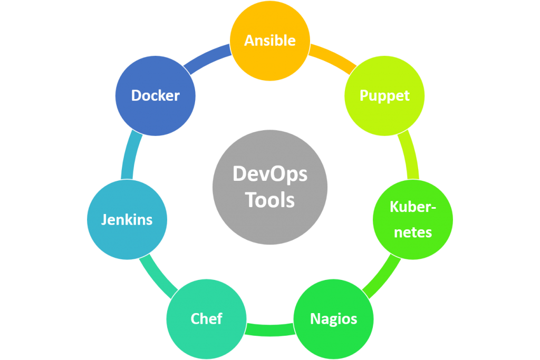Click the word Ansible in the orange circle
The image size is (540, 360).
coord(269,41)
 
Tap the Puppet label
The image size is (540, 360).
coord(384,96)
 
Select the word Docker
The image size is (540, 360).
coord(156,95)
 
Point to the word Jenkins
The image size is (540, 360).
coord(127,220)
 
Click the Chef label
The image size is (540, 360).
coord(206,319)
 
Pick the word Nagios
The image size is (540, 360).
coord(333,319)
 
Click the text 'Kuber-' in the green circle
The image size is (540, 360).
coord(413,207)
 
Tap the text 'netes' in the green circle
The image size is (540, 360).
coord(413,232)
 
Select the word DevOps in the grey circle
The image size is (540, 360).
coord(270,174)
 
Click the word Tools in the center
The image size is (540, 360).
coord(270,200)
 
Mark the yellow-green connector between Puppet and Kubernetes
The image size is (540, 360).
coord(410,154)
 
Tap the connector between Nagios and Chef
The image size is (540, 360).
coord(270,330)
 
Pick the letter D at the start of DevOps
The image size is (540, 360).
coord(240,174)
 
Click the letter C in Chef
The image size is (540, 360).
coord(196,319)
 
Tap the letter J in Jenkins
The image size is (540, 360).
coord(104,220)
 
